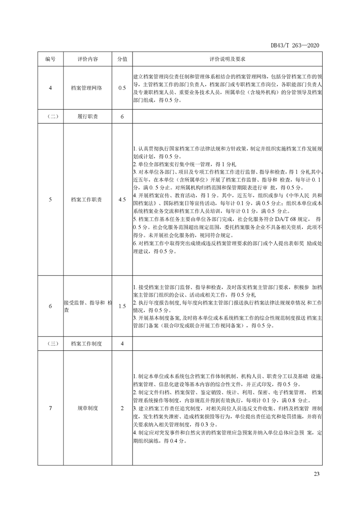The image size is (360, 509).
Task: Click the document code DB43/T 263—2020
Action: [x=295, y=45]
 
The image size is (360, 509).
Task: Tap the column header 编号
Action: [x=50, y=59]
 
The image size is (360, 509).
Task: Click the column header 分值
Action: [x=122, y=59]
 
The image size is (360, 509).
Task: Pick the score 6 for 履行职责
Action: [x=122, y=117]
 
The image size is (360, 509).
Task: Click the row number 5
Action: [x=50, y=199]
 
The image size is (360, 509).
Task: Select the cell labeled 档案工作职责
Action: [x=87, y=199]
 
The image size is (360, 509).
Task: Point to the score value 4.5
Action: [x=122, y=199]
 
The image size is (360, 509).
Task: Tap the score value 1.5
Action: [x=122, y=306]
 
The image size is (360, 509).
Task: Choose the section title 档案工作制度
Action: [x=87, y=343]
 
